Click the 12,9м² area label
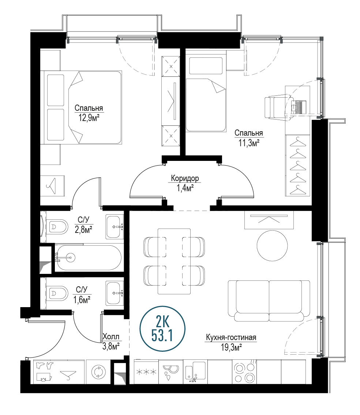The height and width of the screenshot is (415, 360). [89, 118]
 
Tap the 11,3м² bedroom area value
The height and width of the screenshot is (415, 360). [248, 143]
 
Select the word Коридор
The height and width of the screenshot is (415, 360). [185, 178]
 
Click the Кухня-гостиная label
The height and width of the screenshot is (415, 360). [231, 337]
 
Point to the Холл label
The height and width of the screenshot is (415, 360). [111, 337]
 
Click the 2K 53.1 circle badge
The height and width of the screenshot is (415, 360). [162, 329]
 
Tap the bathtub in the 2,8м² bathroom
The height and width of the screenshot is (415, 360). [88, 257]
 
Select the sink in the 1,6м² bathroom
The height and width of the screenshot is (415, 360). [115, 293]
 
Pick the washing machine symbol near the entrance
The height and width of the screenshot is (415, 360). [98, 372]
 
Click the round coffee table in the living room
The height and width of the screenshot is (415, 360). [272, 245]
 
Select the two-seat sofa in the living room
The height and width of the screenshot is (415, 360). [269, 301]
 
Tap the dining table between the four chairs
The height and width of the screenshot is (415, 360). [174, 261]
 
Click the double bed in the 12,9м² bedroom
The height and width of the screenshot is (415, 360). [81, 107]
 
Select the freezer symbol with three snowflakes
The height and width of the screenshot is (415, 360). [146, 372]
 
